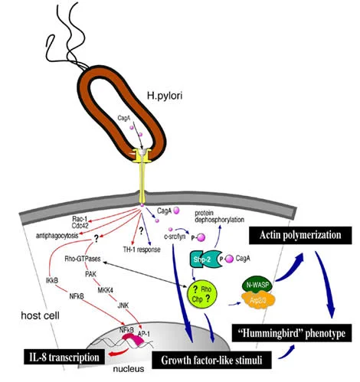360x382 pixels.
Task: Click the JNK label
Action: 123,306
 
